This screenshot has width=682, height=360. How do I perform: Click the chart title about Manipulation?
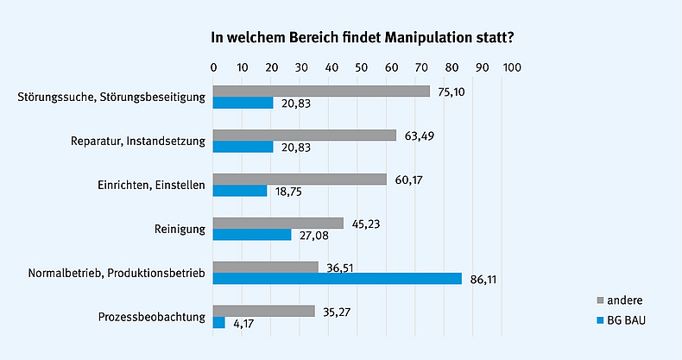coord(358,39)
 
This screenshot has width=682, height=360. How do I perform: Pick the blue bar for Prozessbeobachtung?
coord(219,322)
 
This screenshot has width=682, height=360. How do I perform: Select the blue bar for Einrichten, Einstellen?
coord(240,191)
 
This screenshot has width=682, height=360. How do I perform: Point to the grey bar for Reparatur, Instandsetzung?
coord(305,135)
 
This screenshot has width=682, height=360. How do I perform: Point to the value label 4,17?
coord(243,323)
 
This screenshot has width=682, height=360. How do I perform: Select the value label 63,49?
coord(418,135)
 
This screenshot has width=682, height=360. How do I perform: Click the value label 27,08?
coord(313,235)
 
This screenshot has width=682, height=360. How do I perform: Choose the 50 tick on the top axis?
coord(363,67)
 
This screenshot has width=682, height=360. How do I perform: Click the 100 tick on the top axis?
coord(512,67)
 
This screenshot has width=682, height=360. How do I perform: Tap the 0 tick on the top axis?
coord(213,67)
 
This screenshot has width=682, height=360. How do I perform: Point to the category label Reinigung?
coord(178,229)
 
